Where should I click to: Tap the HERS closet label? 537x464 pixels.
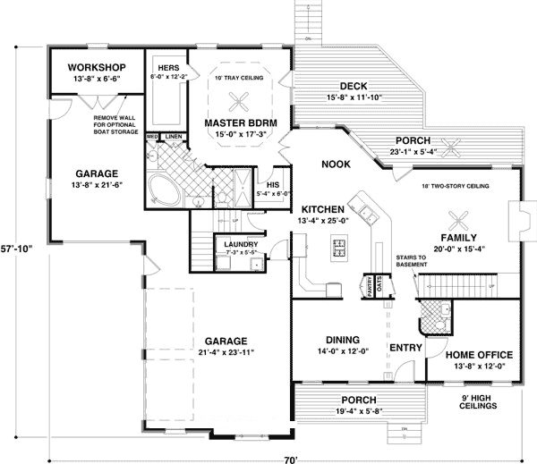click(x=167, y=67)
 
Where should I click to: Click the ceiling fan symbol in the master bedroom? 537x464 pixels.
click(x=239, y=99)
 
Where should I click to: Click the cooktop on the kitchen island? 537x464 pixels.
click(x=339, y=244)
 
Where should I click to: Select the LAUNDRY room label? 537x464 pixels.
click(x=242, y=244)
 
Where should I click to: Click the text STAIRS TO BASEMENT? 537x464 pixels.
click(x=412, y=260)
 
